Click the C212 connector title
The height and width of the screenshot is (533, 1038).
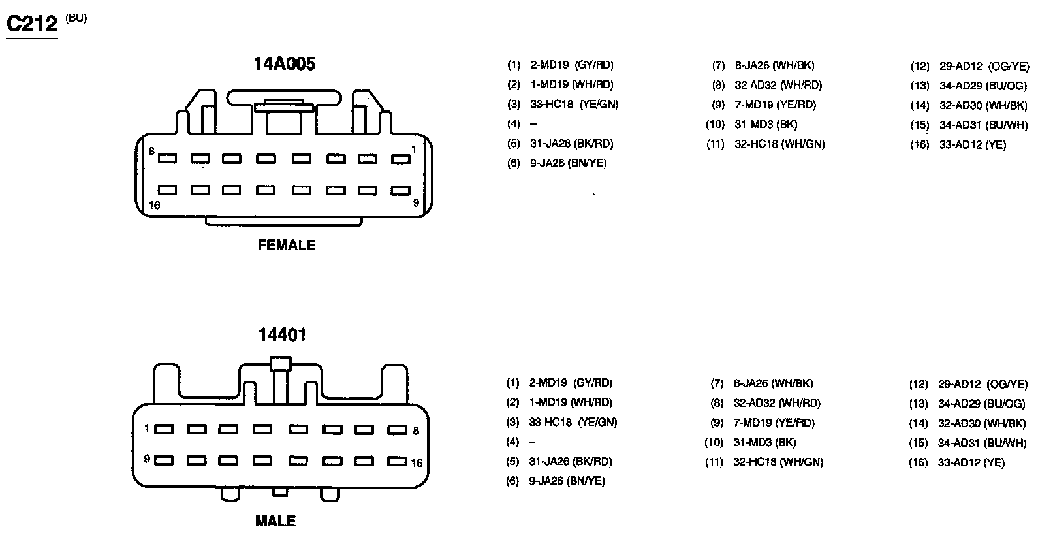click(32, 24)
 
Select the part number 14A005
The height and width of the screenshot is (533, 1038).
click(285, 64)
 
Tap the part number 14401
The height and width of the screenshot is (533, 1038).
click(281, 335)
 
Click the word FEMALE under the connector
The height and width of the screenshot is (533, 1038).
click(287, 245)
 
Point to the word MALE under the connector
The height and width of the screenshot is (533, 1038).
click(275, 521)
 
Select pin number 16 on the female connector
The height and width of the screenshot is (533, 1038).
click(154, 205)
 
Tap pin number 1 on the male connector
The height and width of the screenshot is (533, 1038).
click(148, 428)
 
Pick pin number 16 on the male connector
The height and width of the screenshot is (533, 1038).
click(417, 463)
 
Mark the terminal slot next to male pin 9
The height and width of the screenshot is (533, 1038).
click(164, 460)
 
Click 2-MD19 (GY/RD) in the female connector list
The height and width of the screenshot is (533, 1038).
click(572, 65)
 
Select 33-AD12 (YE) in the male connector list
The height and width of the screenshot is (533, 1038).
click(971, 463)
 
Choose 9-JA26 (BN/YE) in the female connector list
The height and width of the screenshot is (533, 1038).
click(568, 163)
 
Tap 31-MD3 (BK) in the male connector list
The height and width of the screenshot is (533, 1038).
click(764, 442)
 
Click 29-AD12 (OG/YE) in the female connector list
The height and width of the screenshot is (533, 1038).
click(984, 66)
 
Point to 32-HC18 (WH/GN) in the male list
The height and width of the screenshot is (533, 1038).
click(778, 462)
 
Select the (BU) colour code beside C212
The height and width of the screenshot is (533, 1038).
click(76, 18)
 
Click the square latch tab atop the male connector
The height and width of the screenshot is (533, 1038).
click(281, 363)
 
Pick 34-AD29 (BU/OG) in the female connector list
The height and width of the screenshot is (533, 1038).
click(983, 86)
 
